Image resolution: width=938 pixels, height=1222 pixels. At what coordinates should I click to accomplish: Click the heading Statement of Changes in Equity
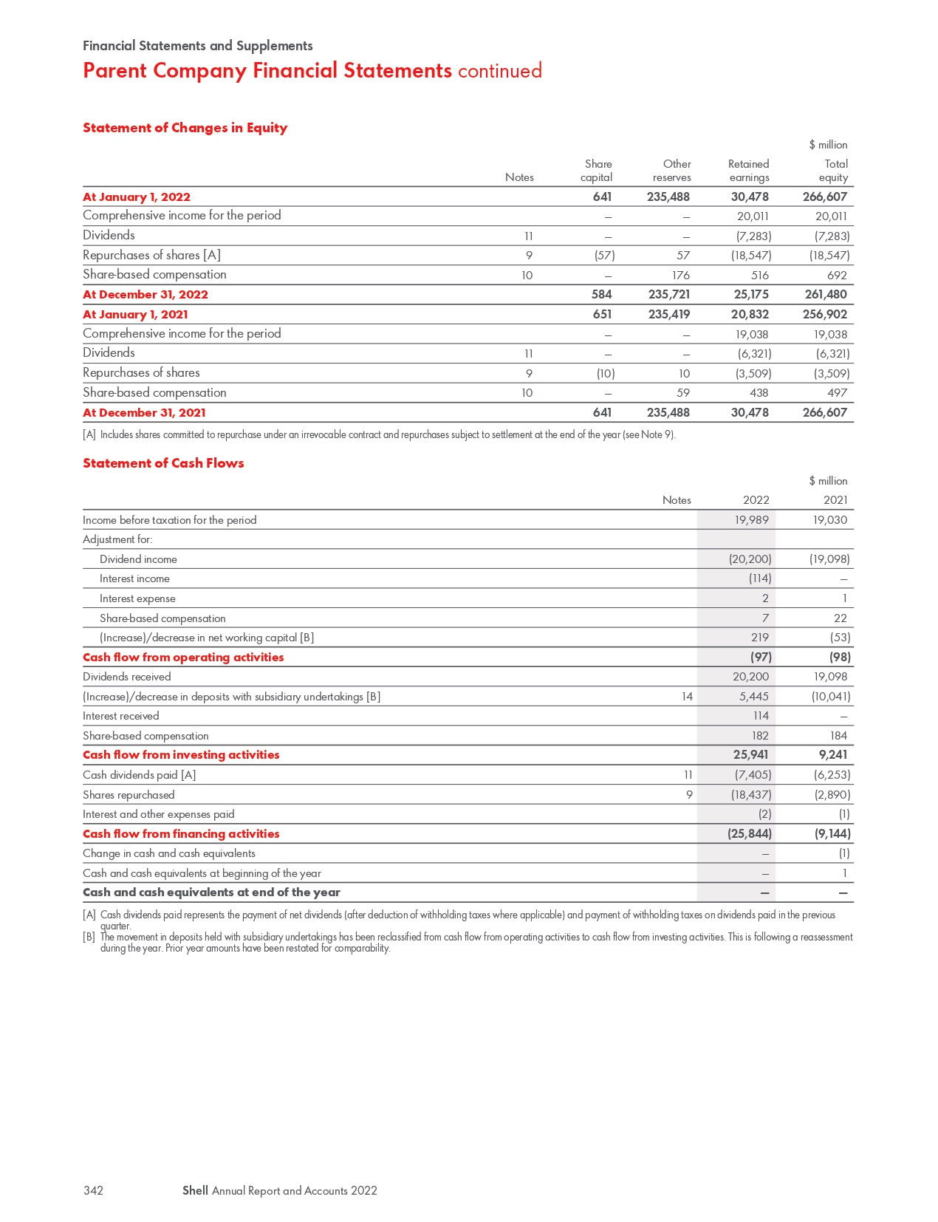[x=185, y=128]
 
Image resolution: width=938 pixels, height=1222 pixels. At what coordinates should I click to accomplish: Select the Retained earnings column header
[x=748, y=171]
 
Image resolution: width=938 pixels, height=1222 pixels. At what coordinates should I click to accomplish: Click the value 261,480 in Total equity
[x=825, y=294]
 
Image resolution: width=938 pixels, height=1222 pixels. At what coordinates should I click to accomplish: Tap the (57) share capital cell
[x=604, y=255]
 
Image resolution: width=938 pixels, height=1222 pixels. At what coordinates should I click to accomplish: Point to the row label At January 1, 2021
[x=135, y=314]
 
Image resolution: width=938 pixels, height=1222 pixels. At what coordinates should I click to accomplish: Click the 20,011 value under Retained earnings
[x=753, y=216]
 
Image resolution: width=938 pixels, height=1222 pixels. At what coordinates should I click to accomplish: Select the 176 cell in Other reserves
[x=680, y=275]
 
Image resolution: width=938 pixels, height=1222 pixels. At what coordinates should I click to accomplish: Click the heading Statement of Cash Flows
[x=163, y=463]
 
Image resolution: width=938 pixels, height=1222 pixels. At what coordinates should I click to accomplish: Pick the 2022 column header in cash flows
[x=756, y=500]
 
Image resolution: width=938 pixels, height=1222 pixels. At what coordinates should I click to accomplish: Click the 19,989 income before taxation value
[x=751, y=520]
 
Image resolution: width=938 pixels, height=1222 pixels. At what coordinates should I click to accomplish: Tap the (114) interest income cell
[x=759, y=578]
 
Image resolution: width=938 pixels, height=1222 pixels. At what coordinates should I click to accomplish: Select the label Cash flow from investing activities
[x=181, y=754]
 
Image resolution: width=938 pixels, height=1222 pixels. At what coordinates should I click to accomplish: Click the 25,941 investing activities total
[x=750, y=754]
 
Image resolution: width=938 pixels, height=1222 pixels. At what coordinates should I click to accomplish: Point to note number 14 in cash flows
[x=687, y=696]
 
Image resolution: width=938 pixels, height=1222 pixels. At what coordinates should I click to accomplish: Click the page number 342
[x=93, y=1190]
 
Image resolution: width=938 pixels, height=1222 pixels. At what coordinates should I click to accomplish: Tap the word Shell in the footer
[x=195, y=1190]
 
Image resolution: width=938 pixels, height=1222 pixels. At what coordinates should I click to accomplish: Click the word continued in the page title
[x=499, y=71]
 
